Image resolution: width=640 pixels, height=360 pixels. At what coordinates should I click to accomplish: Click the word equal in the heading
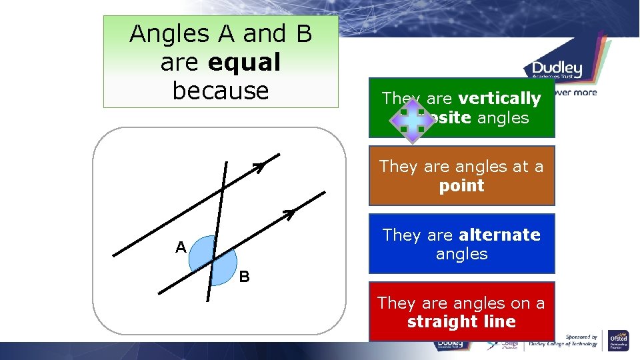(244, 62)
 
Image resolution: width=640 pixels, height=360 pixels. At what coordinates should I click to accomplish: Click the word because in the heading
(220, 90)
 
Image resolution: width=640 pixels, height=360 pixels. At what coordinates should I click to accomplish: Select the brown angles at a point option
(461, 175)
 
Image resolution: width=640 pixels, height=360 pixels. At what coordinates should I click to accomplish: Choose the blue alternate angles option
(461, 244)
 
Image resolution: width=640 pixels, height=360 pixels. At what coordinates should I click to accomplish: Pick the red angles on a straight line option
(461, 312)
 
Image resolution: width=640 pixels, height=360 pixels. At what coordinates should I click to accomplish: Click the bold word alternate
(499, 235)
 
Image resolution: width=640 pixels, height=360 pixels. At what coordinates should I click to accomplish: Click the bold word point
(461, 185)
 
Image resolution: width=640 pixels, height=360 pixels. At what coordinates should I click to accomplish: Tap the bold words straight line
(461, 322)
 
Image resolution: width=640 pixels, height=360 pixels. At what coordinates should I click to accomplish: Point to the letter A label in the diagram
(181, 248)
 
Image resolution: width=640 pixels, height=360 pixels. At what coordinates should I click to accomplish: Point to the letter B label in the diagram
(245, 277)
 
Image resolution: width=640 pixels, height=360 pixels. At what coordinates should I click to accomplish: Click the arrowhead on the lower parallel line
(289, 213)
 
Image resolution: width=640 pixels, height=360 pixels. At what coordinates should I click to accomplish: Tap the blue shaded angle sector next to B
(225, 270)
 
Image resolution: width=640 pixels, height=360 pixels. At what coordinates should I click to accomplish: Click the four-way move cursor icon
(412, 119)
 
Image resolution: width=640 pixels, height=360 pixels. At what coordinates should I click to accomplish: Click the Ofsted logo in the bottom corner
(618, 339)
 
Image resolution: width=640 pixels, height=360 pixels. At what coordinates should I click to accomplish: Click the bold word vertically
(499, 99)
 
